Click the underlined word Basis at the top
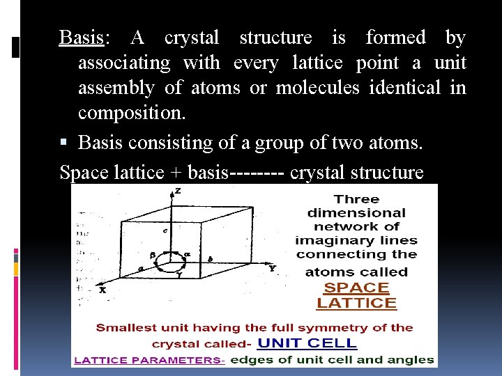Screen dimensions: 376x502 pos(81,38)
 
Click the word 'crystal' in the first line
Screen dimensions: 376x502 pos(192,38)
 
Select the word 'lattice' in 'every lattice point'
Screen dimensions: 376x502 pos(317,63)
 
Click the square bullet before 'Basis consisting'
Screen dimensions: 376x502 pos(64,143)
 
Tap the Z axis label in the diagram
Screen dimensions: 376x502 pos(179,190)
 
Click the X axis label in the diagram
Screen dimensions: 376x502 pos(102,290)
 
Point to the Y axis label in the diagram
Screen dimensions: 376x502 pos(272,268)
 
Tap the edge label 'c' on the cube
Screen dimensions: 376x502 pos(165,230)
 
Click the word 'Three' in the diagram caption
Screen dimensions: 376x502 pos(356,200)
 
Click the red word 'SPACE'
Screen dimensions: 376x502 pos(356,288)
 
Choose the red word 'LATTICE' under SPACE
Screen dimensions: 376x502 pos(356,303)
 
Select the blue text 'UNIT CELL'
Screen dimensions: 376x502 pos(307,343)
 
